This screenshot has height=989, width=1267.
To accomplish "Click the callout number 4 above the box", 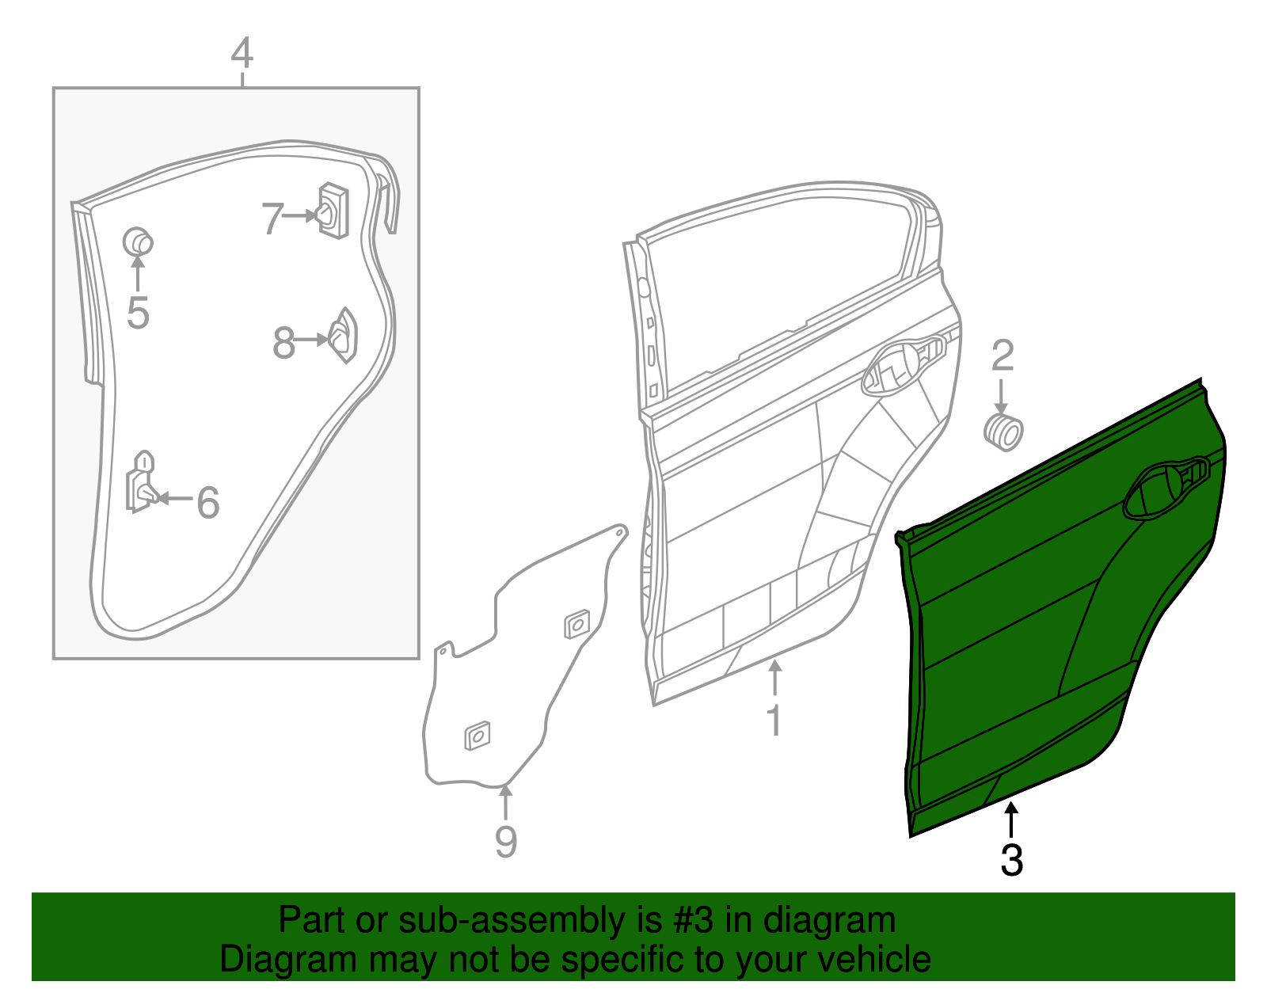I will pyautogui.click(x=242, y=54).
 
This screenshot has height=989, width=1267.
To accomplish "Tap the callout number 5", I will pyautogui.click(x=138, y=314).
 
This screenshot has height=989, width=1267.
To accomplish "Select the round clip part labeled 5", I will pyautogui.click(x=138, y=241).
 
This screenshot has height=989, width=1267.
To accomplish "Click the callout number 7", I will pyautogui.click(x=272, y=219).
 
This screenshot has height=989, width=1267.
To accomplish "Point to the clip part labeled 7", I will pyautogui.click(x=333, y=211).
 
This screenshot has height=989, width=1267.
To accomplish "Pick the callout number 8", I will pyautogui.click(x=283, y=344).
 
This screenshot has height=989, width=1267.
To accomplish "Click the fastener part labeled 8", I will pyautogui.click(x=344, y=336).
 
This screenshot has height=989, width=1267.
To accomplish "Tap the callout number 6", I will pyautogui.click(x=207, y=502).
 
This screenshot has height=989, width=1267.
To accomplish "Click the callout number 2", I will pyautogui.click(x=1003, y=356).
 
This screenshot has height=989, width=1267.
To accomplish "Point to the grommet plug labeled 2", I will pyautogui.click(x=1003, y=432).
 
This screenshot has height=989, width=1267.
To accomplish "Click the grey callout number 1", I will pyautogui.click(x=774, y=721).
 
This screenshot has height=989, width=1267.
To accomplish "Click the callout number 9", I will pyautogui.click(x=505, y=841).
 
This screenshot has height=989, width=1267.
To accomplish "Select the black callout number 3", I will pyautogui.click(x=1011, y=860).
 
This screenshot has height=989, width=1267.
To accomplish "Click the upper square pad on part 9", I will pyautogui.click(x=577, y=624).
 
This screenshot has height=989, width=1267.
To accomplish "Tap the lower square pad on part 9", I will pyautogui.click(x=477, y=736).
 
